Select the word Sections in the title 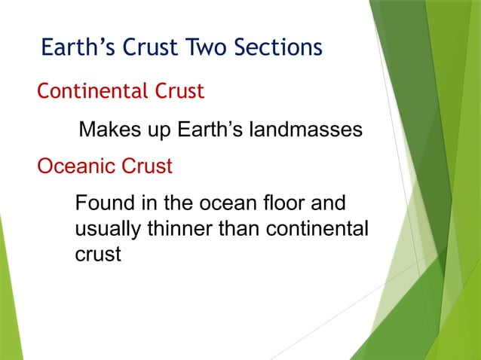pyautogui.click(x=279, y=48)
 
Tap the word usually pyautogui.click(x=105, y=229)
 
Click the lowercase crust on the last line pyautogui.click(x=98, y=255)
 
